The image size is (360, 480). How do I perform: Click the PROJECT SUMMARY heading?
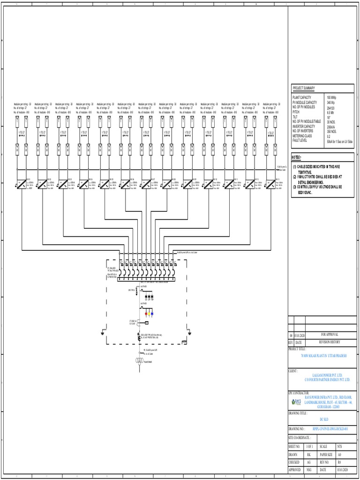tap(304, 88)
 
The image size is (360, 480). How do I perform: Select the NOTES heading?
tap(297, 157)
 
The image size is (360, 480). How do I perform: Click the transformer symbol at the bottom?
tap(139, 360)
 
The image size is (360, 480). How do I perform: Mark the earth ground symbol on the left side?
tap(103, 334)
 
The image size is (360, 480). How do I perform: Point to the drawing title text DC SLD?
tap(323, 420)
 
